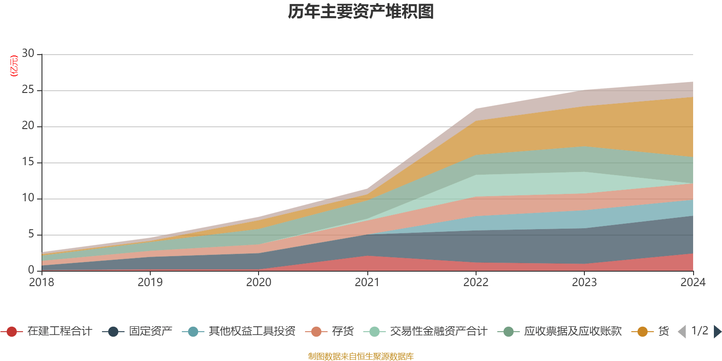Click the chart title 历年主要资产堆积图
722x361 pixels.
click(x=361, y=12)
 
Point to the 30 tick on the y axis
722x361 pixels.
click(x=28, y=54)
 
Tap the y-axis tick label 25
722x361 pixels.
click(x=28, y=90)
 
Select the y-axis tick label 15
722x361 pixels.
click(x=28, y=162)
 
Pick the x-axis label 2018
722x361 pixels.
click(x=42, y=282)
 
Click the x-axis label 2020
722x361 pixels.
click(x=259, y=282)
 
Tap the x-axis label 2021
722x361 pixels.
click(x=367, y=282)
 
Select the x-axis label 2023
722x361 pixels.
click(x=584, y=282)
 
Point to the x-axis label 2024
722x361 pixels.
click(x=693, y=282)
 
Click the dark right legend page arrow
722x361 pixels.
click(x=717, y=332)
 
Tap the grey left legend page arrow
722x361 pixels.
click(x=682, y=332)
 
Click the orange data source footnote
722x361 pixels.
click(x=361, y=356)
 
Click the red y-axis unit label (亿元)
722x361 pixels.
click(x=14, y=66)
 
